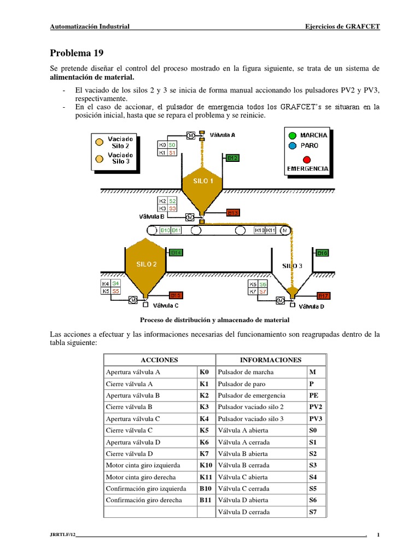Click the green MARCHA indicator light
(293, 135)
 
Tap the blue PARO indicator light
(293, 145)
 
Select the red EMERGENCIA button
(307, 159)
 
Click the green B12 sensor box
(232, 158)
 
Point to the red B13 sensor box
(232, 213)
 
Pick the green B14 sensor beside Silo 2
(176, 253)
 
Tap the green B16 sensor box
(322, 253)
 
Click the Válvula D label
(312, 307)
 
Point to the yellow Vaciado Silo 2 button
(99, 142)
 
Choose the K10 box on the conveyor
(260, 231)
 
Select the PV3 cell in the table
(316, 418)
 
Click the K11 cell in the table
(206, 477)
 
